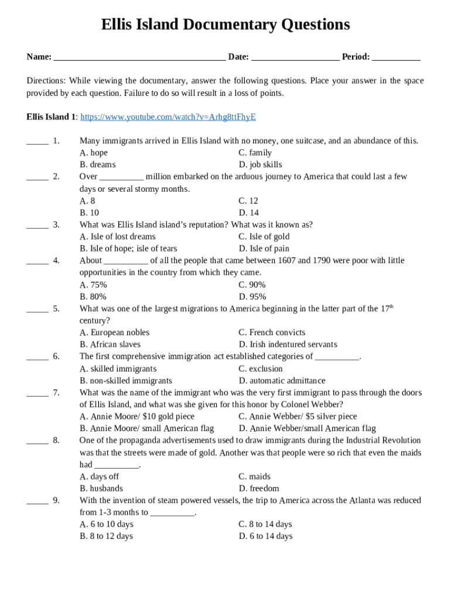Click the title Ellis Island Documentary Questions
click(x=225, y=25)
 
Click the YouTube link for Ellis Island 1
click(x=168, y=117)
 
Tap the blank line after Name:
click(x=139, y=58)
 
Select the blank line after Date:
click(x=295, y=58)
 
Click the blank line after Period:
click(x=396, y=58)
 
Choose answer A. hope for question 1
click(x=94, y=153)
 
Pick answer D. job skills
click(x=260, y=165)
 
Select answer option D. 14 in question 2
click(x=248, y=213)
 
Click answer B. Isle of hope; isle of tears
click(x=128, y=249)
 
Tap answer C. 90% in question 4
click(x=252, y=285)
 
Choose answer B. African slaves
click(x=110, y=345)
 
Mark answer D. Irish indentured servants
click(x=288, y=345)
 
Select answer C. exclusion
click(x=260, y=369)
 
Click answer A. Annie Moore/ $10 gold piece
click(x=137, y=416)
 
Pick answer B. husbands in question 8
click(x=101, y=488)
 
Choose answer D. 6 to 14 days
click(x=265, y=536)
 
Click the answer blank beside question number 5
click(x=37, y=309)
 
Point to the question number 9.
click(x=56, y=501)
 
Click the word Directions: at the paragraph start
click(x=46, y=81)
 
